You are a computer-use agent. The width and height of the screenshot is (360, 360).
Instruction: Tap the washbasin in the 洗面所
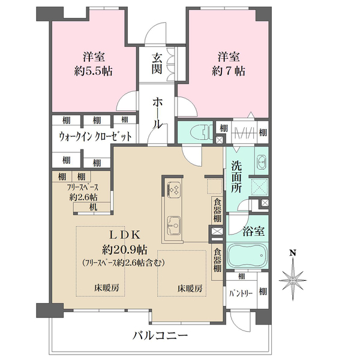(262, 162)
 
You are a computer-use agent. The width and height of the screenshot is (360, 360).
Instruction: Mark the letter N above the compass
(292, 253)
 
